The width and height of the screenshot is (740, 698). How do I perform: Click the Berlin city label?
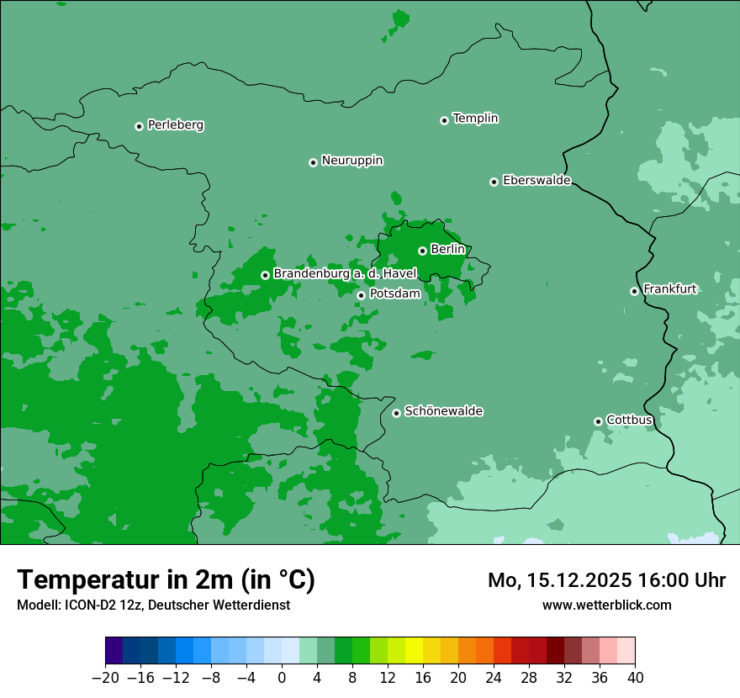pyautogui.click(x=447, y=249)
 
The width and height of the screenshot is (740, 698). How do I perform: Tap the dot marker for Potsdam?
pyautogui.click(x=361, y=295)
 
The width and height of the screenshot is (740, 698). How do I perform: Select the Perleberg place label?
pyautogui.click(x=175, y=125)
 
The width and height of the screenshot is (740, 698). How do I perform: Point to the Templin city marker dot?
pyautogui.click(x=444, y=120)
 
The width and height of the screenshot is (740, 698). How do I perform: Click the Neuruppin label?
pyautogui.click(x=351, y=161)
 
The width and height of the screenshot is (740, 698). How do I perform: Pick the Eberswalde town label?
pyautogui.click(x=536, y=180)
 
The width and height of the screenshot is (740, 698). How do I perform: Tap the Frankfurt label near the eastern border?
pyautogui.click(x=669, y=289)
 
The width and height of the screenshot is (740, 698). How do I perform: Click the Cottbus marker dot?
pyautogui.click(x=598, y=421)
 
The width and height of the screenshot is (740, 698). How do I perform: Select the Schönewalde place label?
pyautogui.click(x=443, y=411)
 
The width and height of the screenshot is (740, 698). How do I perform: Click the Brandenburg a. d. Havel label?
pyautogui.click(x=345, y=274)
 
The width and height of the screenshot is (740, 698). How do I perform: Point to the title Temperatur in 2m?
pyautogui.click(x=166, y=580)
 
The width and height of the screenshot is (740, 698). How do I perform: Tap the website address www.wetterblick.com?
pyautogui.click(x=606, y=605)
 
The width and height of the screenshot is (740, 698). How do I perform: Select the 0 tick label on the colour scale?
pyautogui.click(x=282, y=678)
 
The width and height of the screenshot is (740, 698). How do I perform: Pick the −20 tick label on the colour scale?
pyautogui.click(x=105, y=678)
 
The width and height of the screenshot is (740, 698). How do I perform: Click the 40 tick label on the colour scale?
pyautogui.click(x=635, y=678)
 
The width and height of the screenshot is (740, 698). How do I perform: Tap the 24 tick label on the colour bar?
pyautogui.click(x=494, y=678)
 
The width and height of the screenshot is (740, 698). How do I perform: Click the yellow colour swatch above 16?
pyautogui.click(x=414, y=651)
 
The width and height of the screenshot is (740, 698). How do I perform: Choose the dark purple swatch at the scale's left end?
pyautogui.click(x=114, y=651)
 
